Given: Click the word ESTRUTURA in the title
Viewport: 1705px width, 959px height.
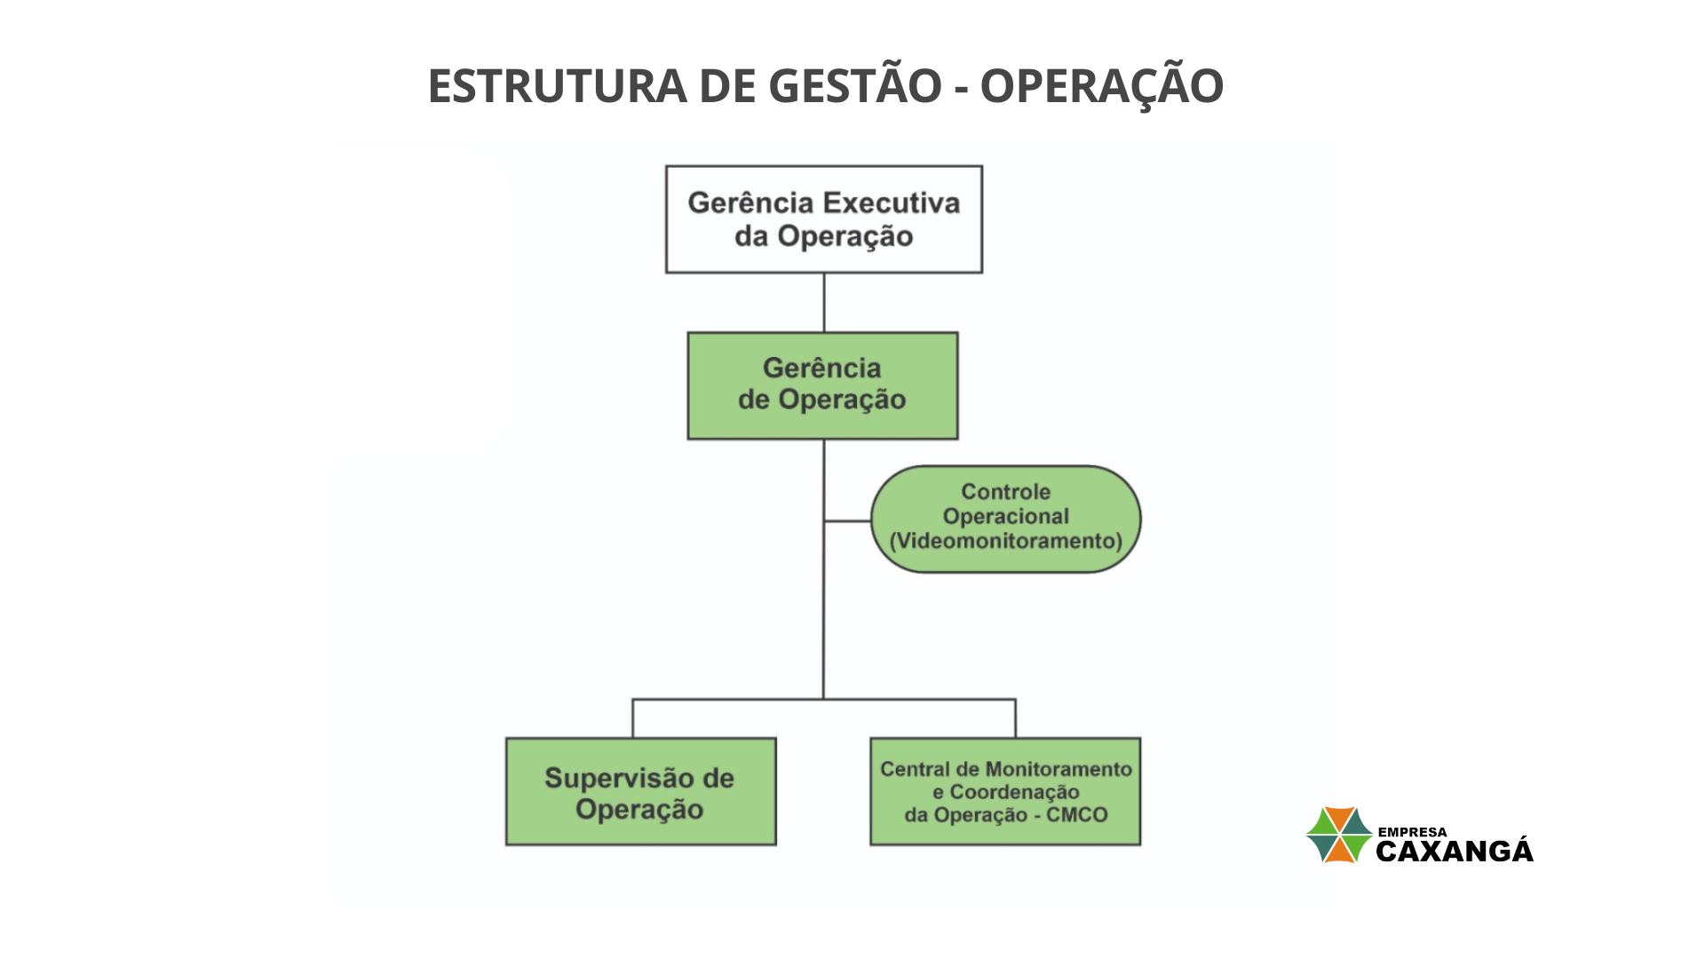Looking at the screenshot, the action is [558, 86].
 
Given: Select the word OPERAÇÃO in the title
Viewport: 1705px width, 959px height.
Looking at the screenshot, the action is [1101, 85].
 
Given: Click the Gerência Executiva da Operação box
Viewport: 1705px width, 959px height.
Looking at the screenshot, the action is [824, 219].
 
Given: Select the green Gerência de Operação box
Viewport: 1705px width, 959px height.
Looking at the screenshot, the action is [822, 385].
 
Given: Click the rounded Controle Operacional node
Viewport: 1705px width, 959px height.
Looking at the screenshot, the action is [1006, 519].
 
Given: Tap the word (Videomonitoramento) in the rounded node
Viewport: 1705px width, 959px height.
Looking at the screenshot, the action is [1006, 541].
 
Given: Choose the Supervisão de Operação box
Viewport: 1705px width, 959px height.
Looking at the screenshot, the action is [640, 791].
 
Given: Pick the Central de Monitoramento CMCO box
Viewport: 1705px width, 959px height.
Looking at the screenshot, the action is [1005, 791].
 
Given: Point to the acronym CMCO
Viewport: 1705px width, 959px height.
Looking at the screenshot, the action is [1077, 815].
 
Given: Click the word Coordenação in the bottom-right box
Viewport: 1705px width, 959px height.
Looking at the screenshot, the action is [1015, 792].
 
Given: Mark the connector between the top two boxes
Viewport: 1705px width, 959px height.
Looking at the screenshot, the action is [824, 303].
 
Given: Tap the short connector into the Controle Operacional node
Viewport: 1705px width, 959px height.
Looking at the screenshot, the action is [847, 521].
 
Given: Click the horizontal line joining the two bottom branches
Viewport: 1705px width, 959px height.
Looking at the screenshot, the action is [824, 700].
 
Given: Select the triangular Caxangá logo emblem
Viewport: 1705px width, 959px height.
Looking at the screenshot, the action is [1339, 835].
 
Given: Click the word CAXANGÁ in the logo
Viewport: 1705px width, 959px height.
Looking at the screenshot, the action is [1455, 851].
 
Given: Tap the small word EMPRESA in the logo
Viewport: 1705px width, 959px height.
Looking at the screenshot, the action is [1412, 832].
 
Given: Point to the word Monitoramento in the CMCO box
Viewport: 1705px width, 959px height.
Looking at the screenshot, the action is [1059, 769].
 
